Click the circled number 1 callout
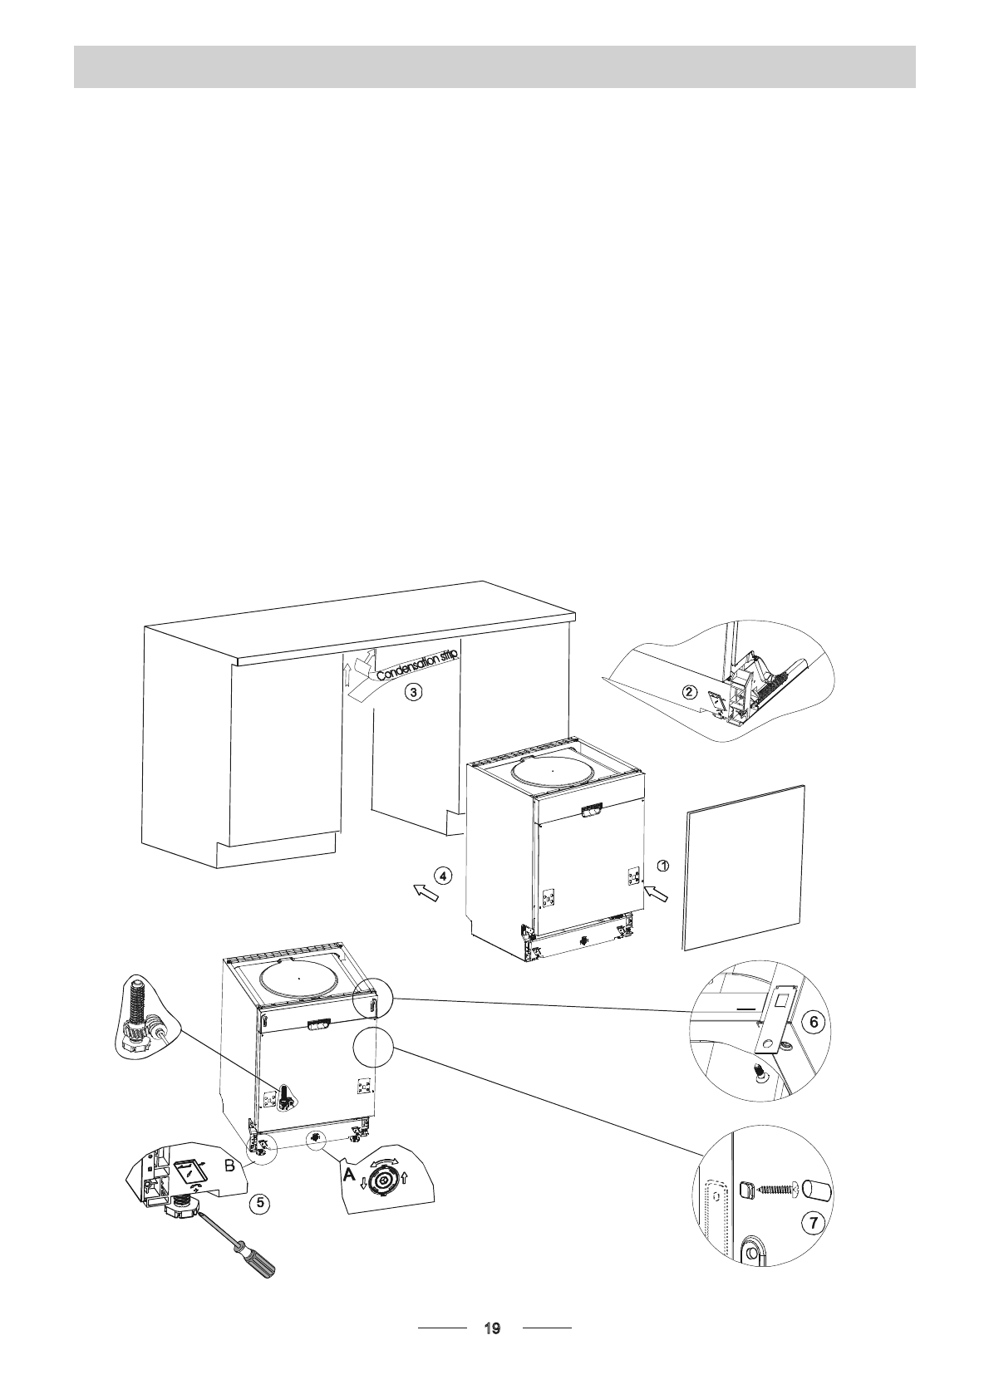662,866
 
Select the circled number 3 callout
413,691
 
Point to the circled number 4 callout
443,875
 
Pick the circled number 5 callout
260,1201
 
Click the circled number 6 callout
816,1023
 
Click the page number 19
492,1329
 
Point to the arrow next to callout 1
655,894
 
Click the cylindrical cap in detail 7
818,1189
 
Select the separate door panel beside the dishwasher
744,866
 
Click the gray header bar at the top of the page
494,66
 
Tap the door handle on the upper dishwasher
592,809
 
